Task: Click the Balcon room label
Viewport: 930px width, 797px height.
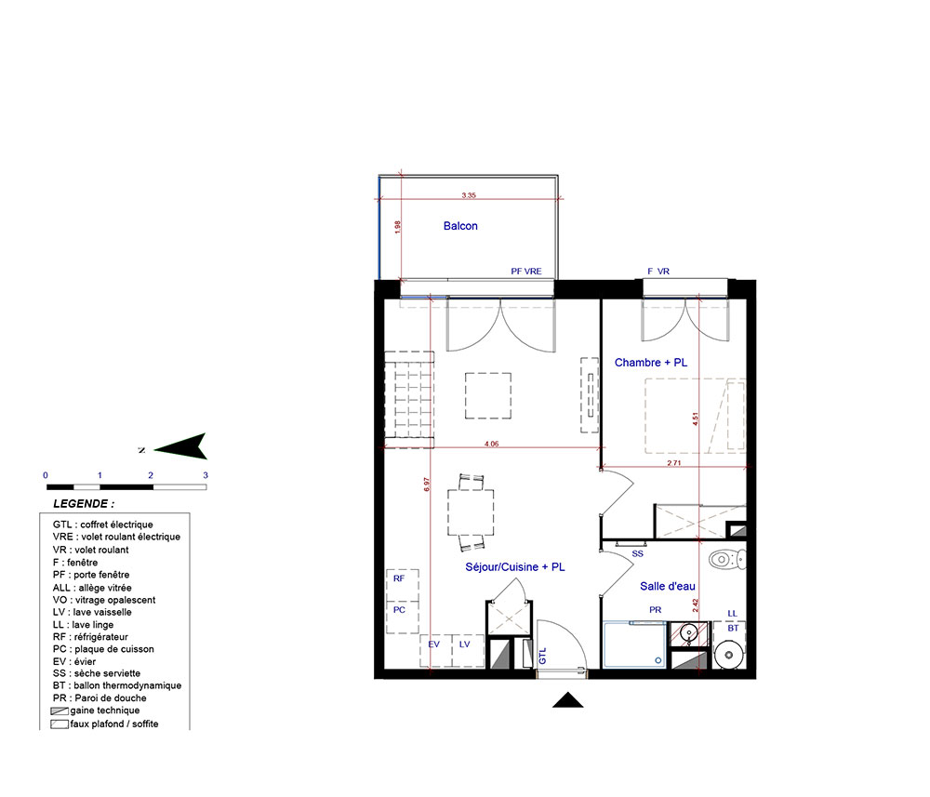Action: click(460, 226)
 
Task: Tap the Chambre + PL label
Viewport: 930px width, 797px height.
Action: click(651, 363)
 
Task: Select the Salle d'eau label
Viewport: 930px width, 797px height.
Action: click(667, 587)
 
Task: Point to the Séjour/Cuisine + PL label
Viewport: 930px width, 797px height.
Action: click(515, 567)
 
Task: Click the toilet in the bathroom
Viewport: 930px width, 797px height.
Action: click(727, 559)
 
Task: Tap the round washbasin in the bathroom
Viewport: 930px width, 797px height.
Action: click(688, 632)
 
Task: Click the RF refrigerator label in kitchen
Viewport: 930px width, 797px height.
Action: click(399, 578)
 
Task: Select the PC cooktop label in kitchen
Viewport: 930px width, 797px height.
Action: click(399, 610)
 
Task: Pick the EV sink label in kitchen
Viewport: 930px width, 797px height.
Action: click(433, 644)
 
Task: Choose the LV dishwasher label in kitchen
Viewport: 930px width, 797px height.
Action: click(464, 644)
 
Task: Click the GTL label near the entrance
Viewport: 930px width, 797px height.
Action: click(542, 657)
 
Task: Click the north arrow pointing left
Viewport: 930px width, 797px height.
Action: click(180, 446)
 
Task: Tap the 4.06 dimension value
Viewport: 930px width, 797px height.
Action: click(492, 444)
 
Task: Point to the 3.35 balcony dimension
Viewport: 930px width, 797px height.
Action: click(469, 195)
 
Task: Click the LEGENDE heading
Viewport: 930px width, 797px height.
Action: click(84, 504)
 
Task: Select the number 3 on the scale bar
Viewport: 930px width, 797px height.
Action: click(206, 475)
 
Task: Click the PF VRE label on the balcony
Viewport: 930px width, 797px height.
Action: click(526, 271)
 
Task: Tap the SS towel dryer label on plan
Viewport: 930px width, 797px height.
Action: click(638, 554)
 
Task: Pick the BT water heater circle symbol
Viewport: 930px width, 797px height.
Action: click(729, 655)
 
